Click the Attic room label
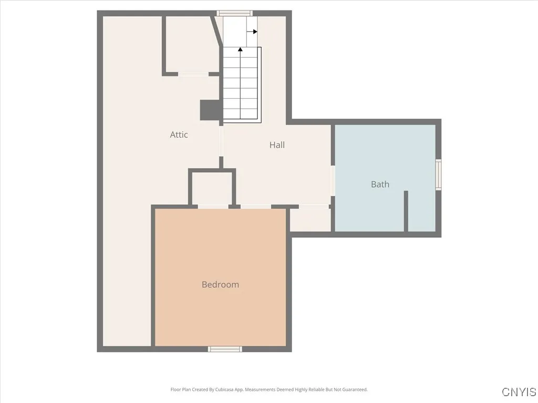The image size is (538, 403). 179,135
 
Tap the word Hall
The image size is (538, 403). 277,145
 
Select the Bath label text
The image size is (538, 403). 380,184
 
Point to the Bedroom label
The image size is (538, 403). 220,284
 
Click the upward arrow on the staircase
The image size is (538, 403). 241,49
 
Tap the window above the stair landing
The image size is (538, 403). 235,13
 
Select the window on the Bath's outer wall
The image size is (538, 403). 438,175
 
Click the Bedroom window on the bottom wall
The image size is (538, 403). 225,349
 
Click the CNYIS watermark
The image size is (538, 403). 519,392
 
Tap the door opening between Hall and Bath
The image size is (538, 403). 333,181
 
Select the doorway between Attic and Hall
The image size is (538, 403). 221,142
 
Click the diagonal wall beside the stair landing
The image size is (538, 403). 216,31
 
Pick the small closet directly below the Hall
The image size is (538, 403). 311,218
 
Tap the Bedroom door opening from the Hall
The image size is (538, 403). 255,206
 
